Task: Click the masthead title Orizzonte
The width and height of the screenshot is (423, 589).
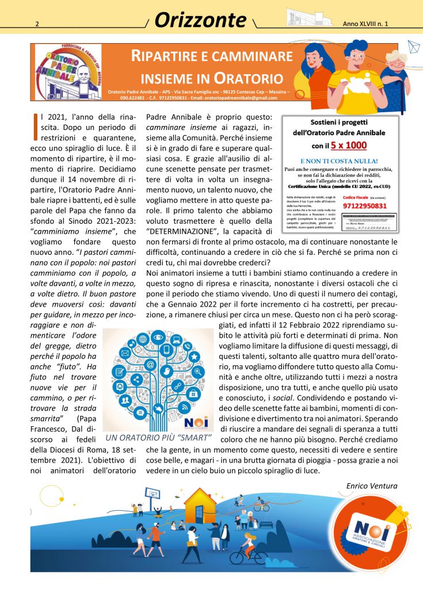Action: (200, 20)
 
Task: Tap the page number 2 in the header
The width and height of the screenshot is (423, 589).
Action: (37, 24)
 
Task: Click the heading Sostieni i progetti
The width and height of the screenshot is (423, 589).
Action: (339, 123)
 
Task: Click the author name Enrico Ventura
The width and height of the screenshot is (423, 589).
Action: (371, 487)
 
